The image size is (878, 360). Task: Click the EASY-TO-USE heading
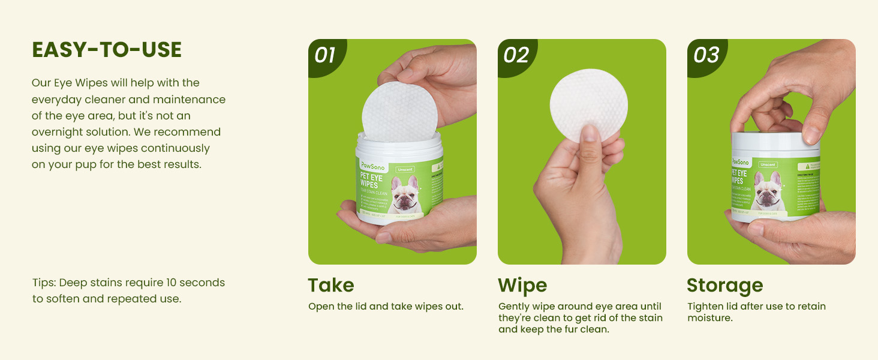pos(107,50)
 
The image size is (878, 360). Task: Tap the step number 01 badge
pos(325,55)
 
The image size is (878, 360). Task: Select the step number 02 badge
pos(515,55)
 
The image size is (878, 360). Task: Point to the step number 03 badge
pos(705,55)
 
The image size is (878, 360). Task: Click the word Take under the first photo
pos(331,285)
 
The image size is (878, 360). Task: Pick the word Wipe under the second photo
pos(522,285)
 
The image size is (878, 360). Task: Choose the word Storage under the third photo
pos(724,285)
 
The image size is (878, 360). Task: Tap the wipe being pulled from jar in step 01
pos(399,112)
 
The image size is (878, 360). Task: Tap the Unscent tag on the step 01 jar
pos(405,170)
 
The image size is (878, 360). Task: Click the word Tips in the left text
pos(44,283)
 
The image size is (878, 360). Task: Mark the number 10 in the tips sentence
pos(170,283)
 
